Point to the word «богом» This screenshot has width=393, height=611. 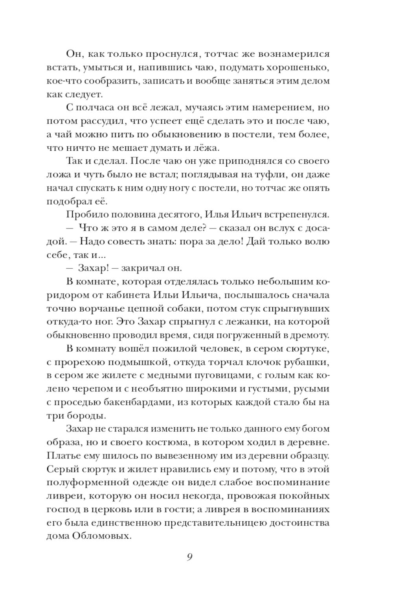coord(316,428)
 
